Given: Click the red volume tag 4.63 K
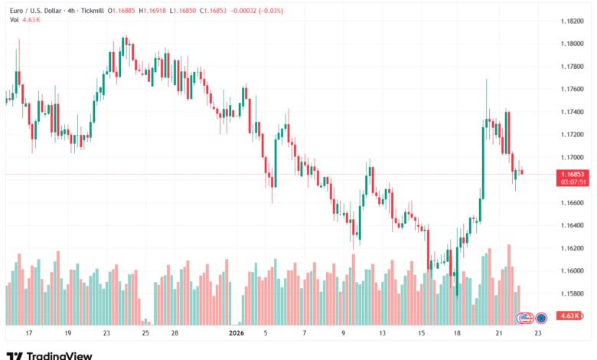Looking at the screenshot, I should pos(568,316).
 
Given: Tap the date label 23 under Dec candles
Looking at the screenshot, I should pos(107,334).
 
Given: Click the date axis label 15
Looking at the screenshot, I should pos(422,334).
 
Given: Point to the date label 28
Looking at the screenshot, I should pos(175,334).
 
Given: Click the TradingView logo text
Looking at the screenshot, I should pos(59,355).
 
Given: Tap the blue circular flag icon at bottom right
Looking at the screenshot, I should pos(541,317).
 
